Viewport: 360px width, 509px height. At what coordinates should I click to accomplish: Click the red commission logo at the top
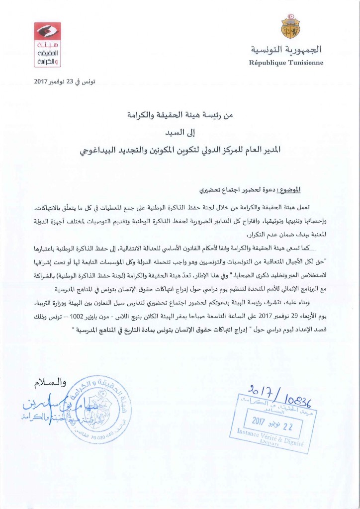tap(47, 45)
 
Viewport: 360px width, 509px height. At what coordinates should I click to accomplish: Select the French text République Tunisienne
tap(285, 63)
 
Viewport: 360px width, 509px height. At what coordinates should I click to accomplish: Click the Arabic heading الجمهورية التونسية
tap(285, 50)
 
